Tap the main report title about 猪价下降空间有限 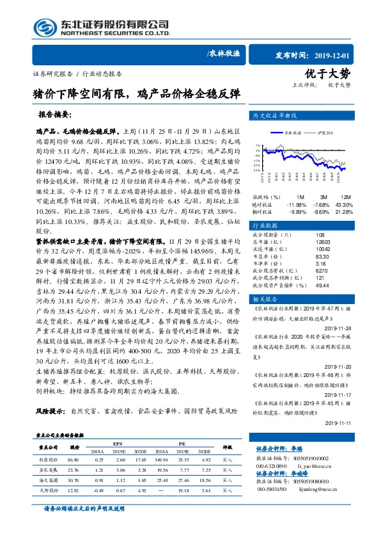point(136,93)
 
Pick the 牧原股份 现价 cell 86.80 point(72,459)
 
